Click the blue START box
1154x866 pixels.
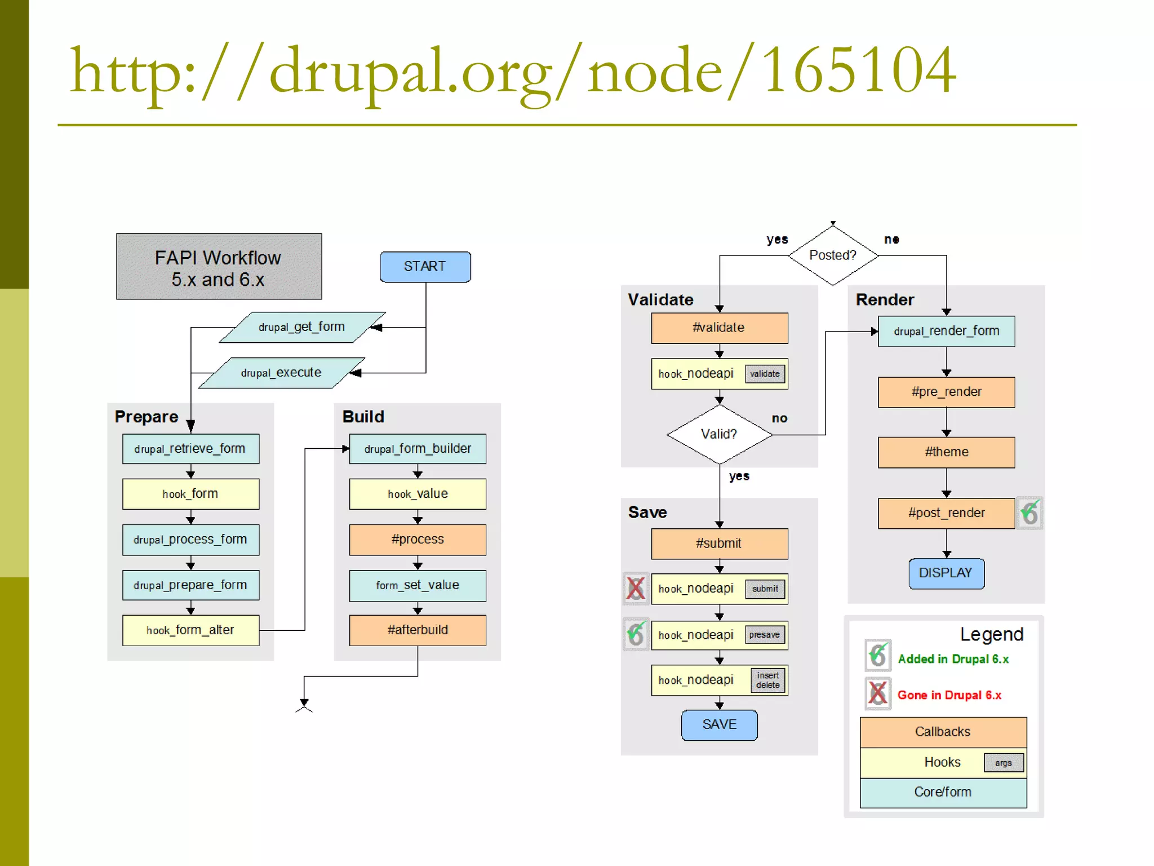(425, 267)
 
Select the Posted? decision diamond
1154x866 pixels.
(832, 255)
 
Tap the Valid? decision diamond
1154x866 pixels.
(719, 434)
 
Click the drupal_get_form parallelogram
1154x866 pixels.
(302, 327)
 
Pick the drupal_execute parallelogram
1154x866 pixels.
(281, 373)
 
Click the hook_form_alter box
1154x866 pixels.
(190, 630)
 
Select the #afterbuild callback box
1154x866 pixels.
(418, 630)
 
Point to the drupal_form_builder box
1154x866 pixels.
(418, 449)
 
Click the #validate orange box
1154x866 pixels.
(719, 328)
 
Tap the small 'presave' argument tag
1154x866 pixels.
(765, 635)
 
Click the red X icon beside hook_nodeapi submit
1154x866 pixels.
(636, 589)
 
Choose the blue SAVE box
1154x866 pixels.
(719, 724)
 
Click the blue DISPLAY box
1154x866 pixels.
(946, 573)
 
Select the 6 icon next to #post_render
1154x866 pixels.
(1029, 513)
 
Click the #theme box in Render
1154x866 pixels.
(946, 452)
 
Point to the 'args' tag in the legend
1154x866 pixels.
(1003, 763)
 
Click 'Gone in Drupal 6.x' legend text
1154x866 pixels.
(949, 695)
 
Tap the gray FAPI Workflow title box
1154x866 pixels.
(219, 267)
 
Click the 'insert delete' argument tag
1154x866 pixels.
(767, 680)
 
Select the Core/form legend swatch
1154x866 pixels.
(943, 792)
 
